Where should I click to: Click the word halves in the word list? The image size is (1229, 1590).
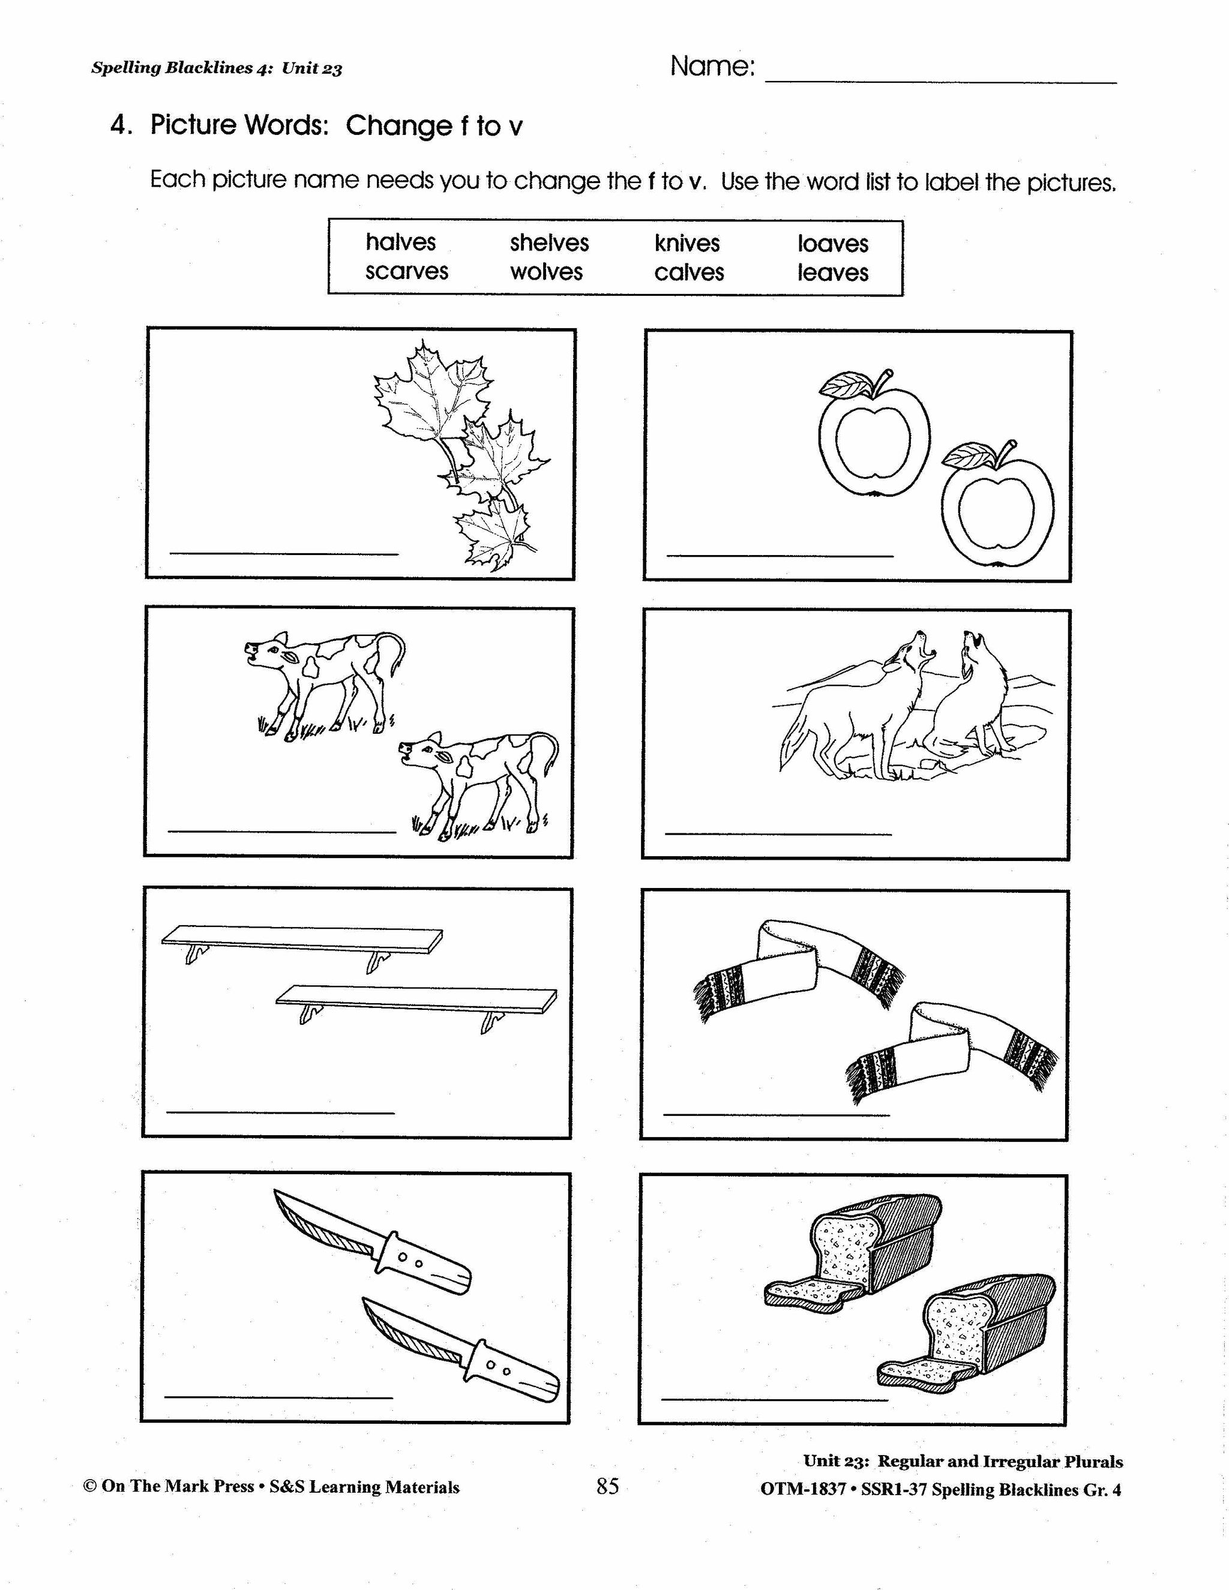coord(400,242)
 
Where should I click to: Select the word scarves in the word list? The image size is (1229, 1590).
coord(406,272)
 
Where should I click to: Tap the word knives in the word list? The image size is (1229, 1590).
coord(687,243)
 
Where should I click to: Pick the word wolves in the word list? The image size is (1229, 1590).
coord(546,272)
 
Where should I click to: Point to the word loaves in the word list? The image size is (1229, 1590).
coord(833,244)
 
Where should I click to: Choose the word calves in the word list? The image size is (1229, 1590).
coord(689,273)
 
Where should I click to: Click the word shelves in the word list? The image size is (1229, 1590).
coord(549,243)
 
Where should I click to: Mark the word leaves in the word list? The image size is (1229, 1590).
coord(833,273)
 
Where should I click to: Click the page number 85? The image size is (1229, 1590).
coord(607,1486)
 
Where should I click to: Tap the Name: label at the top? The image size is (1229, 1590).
coord(712,67)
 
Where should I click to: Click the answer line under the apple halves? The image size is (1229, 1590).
coord(780,556)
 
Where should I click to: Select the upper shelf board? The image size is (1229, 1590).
coord(302,938)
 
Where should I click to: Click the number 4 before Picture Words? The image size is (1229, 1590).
coord(119,125)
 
